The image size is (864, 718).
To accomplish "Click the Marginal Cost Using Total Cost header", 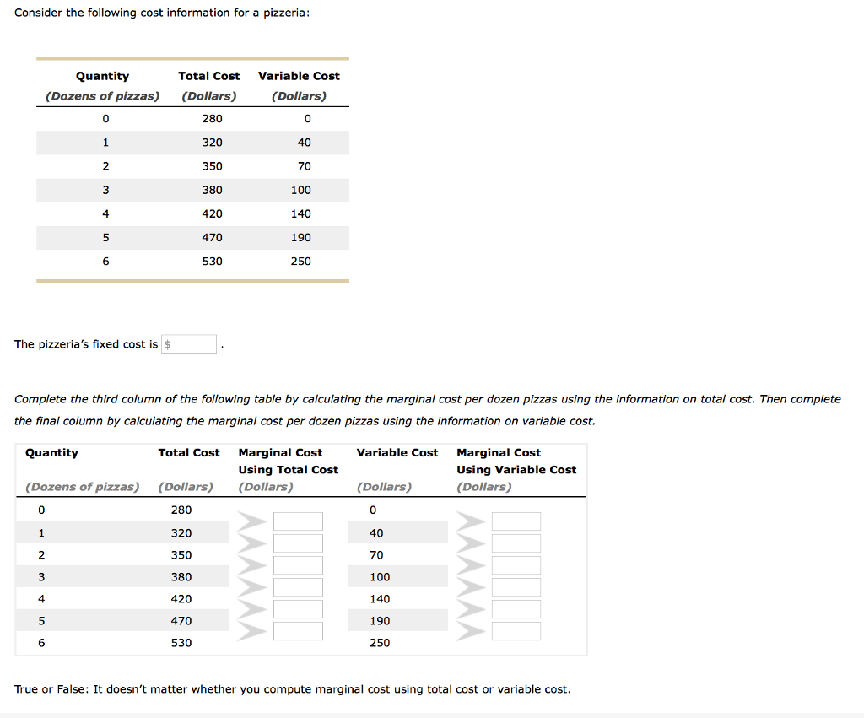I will coord(288,462).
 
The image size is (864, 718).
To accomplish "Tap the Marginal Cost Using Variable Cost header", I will coord(516,462).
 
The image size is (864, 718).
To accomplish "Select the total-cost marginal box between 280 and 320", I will coord(298,521).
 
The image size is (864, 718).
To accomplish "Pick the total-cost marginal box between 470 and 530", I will coord(298,631).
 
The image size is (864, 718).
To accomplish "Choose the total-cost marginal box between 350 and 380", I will coord(298,565).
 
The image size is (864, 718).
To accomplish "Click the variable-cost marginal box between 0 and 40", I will coord(516,521).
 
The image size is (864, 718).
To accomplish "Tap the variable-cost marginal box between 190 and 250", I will coord(516,631).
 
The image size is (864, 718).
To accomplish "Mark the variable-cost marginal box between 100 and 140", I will coord(516,587).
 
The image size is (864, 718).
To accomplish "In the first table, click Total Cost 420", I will coord(212,213).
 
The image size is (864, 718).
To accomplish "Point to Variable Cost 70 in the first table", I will coord(304,166).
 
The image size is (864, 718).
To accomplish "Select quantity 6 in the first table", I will coord(105,262).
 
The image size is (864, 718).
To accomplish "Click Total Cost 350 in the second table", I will coord(181,555).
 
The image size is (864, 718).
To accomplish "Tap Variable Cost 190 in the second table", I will coord(380,621).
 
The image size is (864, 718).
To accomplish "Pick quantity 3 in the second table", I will coord(40,577).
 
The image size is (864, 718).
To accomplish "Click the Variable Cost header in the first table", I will coord(299,76).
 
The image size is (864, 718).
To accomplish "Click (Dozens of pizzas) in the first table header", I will coord(102,96).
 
